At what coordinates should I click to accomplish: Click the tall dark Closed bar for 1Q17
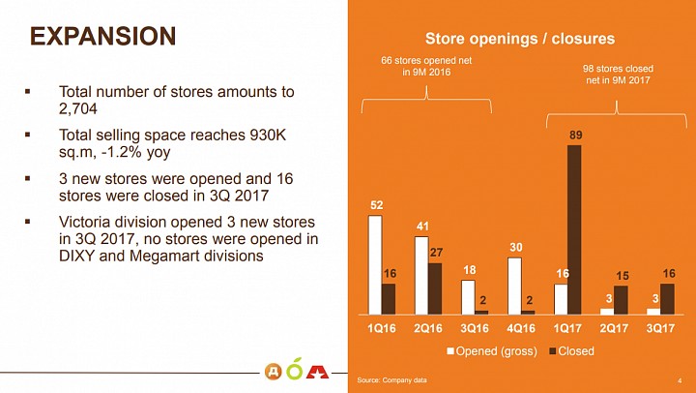point(574,229)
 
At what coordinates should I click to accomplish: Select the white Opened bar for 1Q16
point(375,265)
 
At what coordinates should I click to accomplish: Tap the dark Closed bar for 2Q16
point(435,288)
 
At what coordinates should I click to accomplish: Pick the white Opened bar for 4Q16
point(514,286)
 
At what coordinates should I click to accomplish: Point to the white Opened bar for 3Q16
point(468,297)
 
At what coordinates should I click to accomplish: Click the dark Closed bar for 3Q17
point(667,299)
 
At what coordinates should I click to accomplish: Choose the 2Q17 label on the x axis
point(614,328)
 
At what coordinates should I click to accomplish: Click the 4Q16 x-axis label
point(521,328)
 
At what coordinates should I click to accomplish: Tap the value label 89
point(575,136)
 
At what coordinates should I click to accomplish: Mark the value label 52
point(376,205)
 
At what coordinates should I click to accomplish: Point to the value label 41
point(422,227)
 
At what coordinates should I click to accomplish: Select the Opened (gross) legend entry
point(492,351)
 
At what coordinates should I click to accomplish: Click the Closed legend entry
point(571,351)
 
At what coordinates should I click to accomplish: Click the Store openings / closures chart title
point(520,39)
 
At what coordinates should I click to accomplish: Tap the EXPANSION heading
point(103,36)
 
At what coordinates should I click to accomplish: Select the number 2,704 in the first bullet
point(77,109)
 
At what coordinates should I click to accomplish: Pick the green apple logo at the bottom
point(294,369)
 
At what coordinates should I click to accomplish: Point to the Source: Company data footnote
point(391,380)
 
